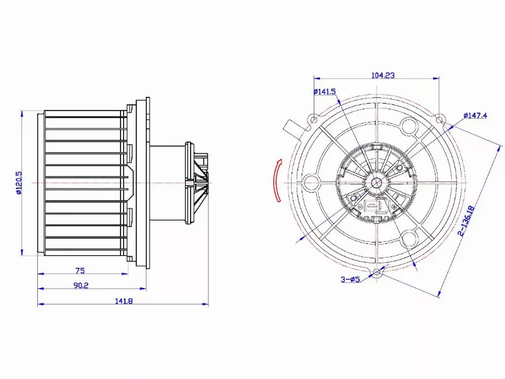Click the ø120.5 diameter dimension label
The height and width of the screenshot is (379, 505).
[20, 183]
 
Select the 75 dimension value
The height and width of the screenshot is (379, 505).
[80, 269]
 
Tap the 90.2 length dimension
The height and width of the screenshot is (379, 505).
[80, 285]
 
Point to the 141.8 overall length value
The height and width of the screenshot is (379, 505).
[123, 301]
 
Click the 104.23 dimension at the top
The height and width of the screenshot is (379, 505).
[383, 75]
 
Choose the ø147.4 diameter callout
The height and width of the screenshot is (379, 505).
[475, 115]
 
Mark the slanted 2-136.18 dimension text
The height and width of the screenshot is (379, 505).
[467, 221]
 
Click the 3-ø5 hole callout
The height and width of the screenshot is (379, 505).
[350, 280]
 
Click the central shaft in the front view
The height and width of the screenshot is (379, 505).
[377, 183]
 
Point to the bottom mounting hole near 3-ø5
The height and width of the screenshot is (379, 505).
[377, 273]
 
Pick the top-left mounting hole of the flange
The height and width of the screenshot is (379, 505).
[314, 118]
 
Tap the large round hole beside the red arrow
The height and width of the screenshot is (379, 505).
[311, 183]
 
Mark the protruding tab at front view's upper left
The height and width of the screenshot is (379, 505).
[292, 127]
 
